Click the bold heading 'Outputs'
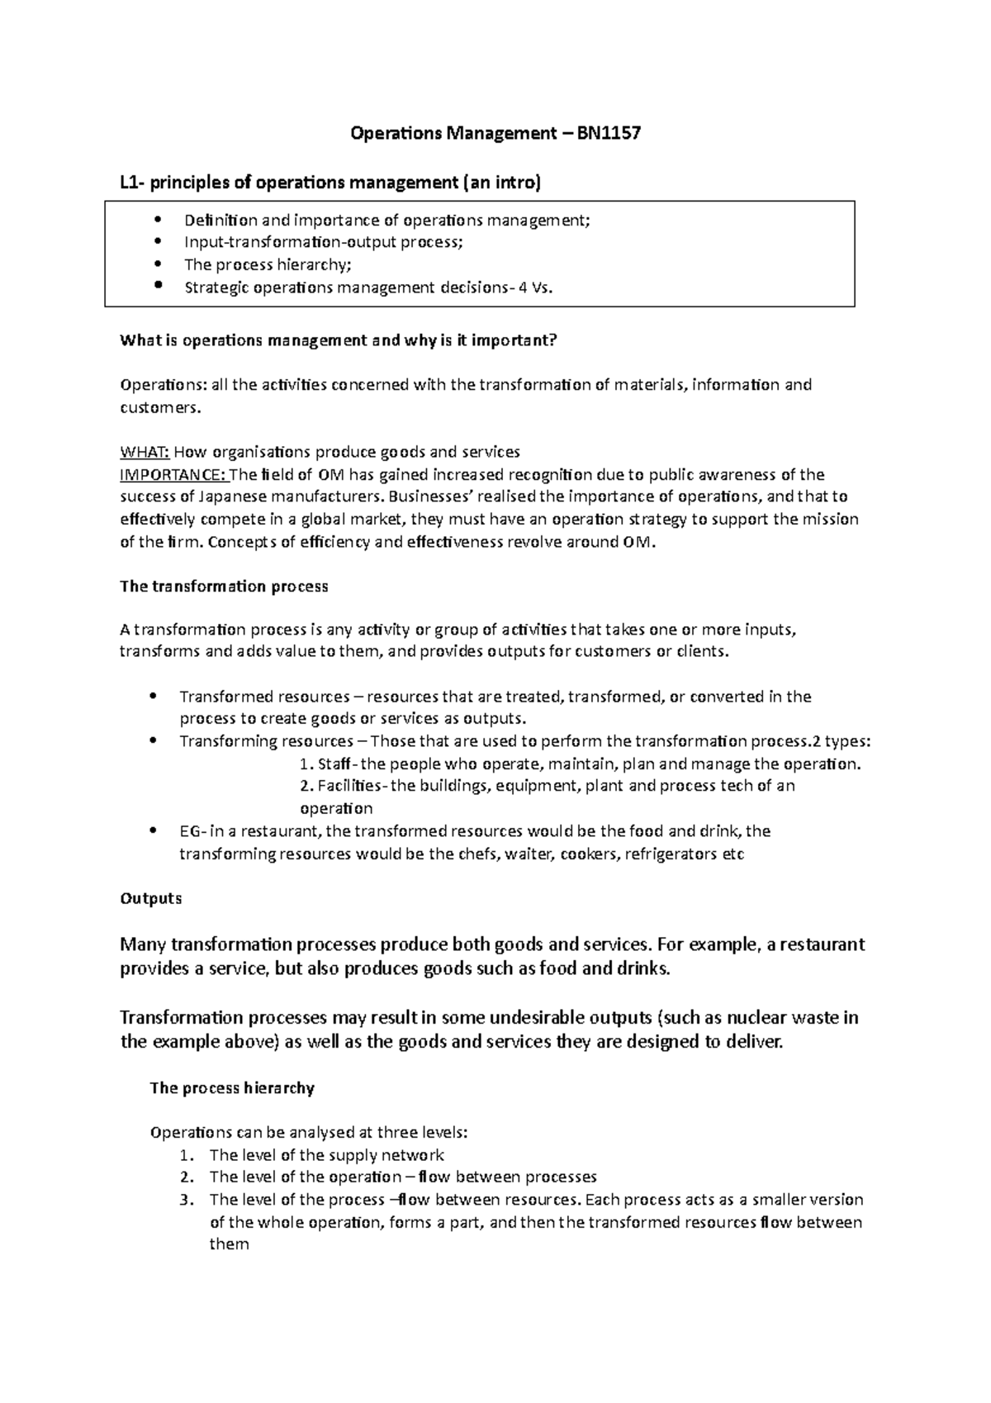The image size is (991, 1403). [x=151, y=898]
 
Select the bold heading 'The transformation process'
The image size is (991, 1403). [x=224, y=586]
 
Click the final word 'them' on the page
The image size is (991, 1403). [x=229, y=1244]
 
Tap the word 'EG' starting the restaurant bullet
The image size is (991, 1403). [x=189, y=831]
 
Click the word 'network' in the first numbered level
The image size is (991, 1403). [x=416, y=1154]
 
